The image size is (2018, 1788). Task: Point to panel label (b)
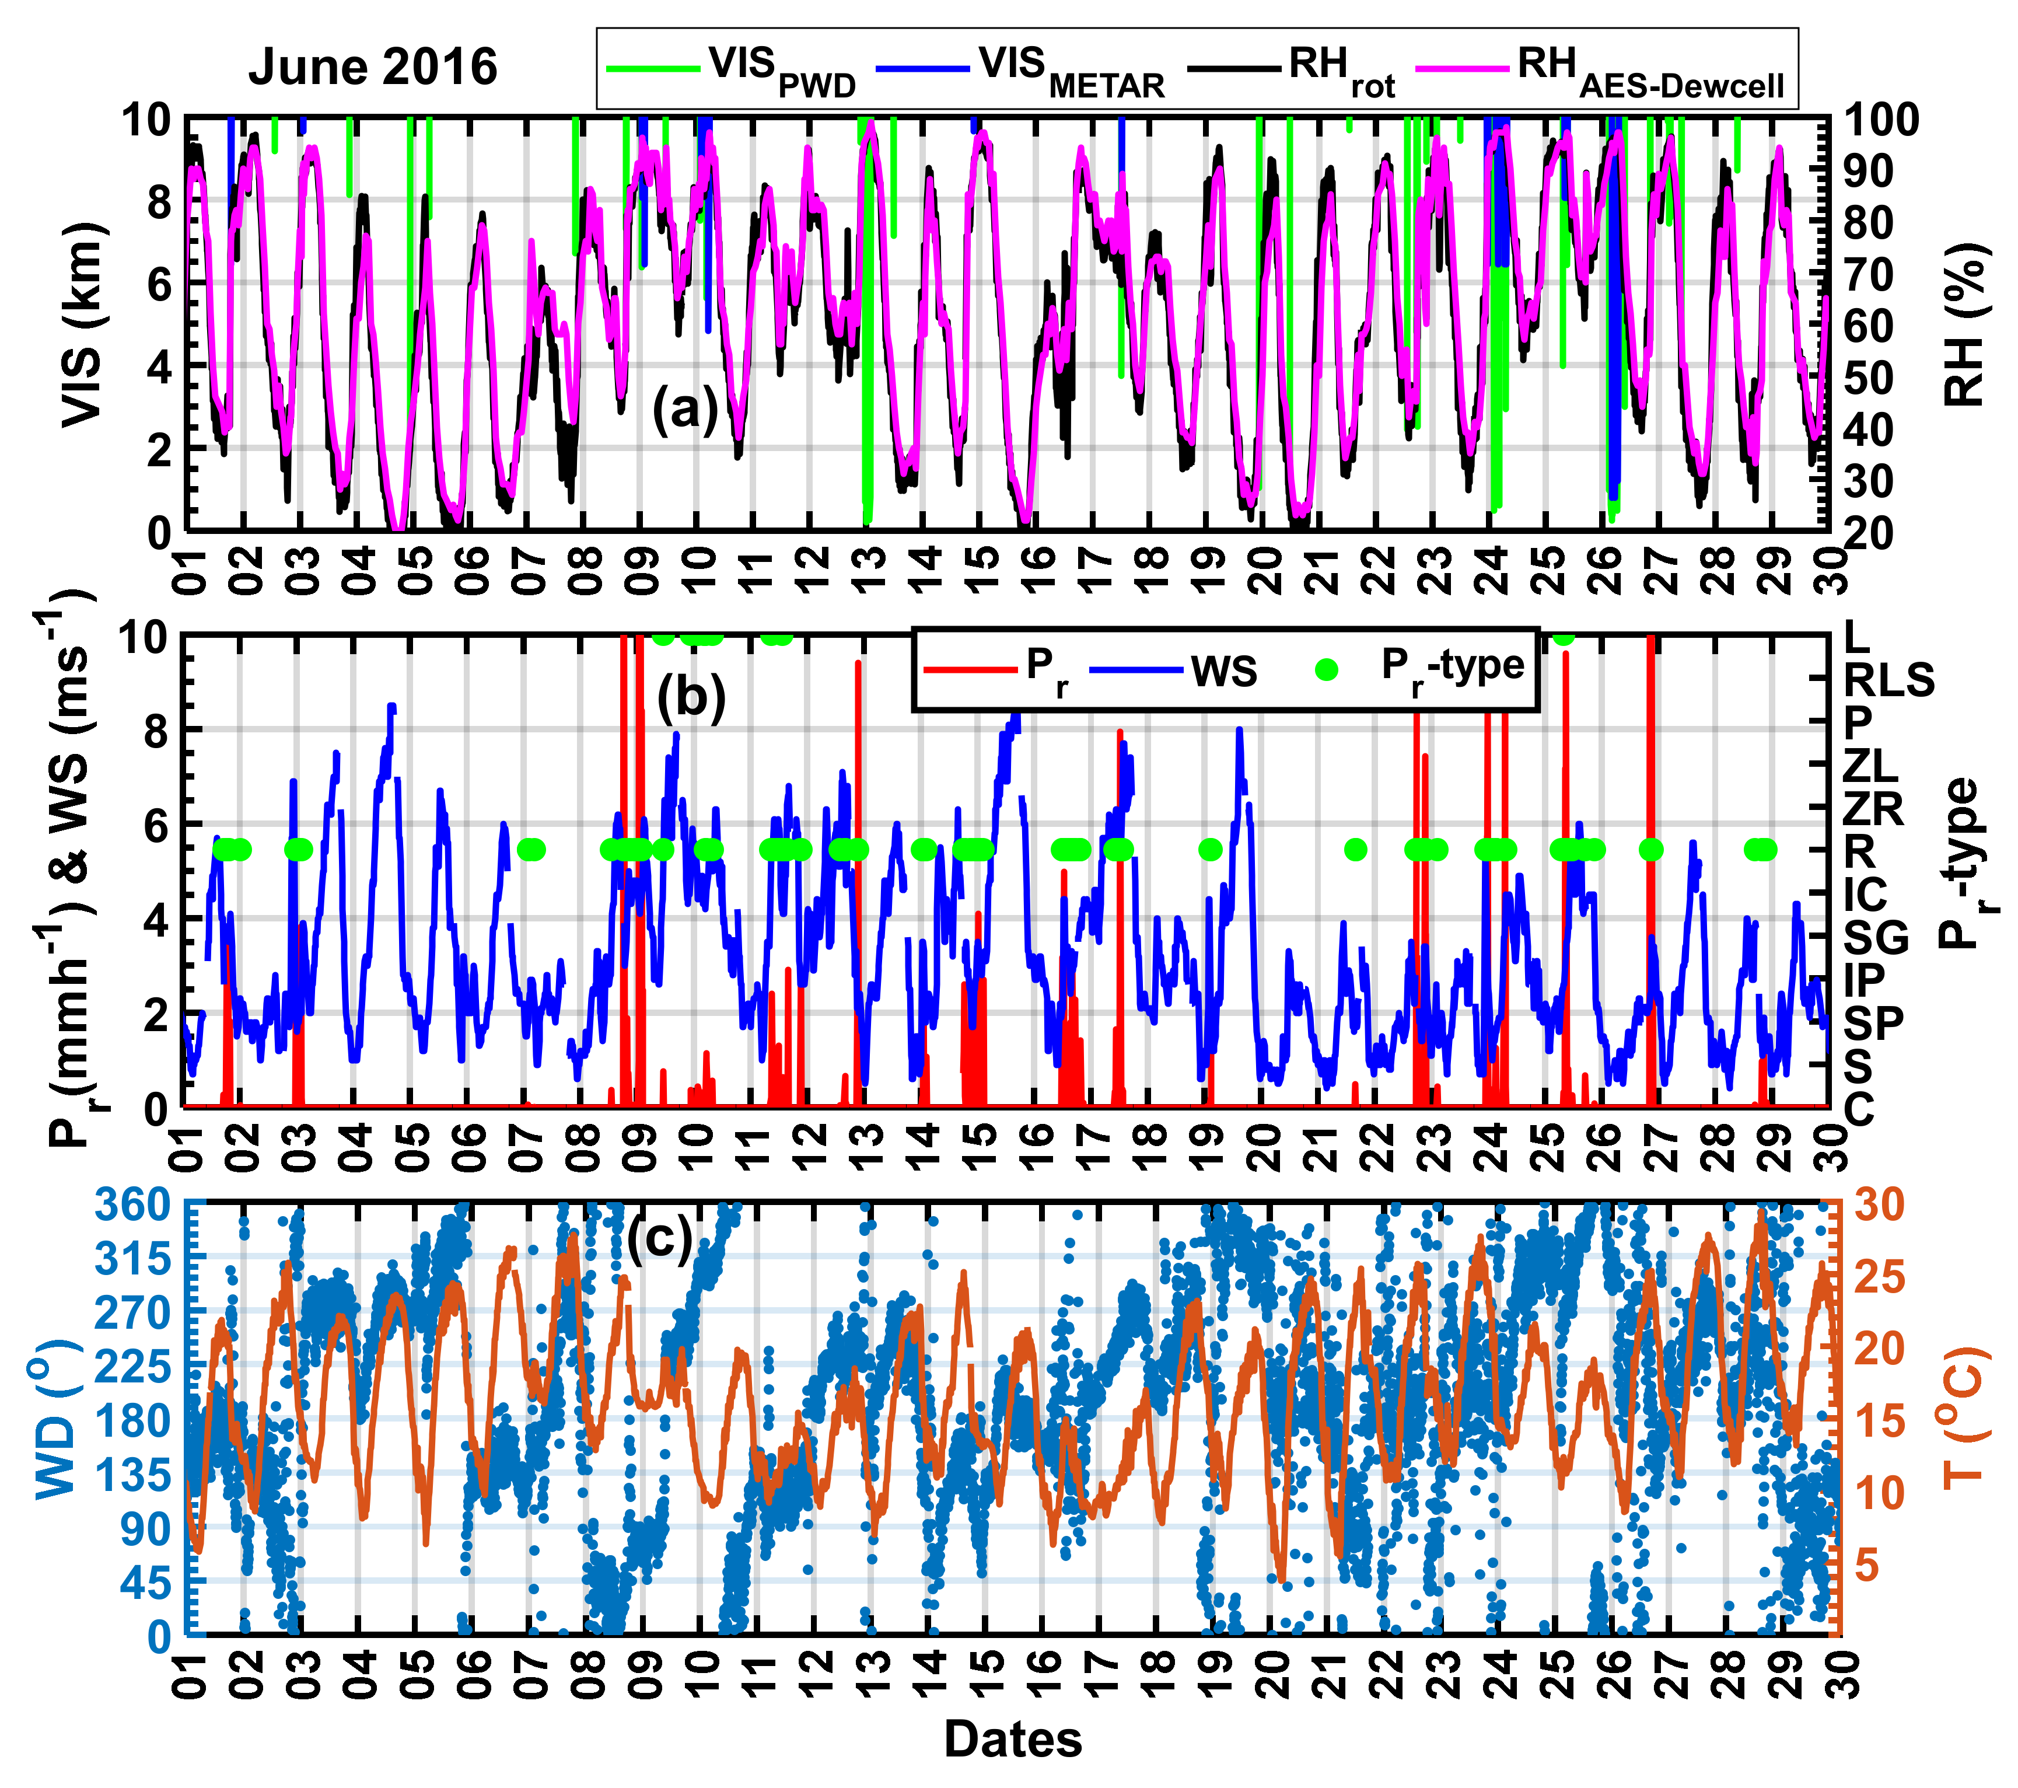[691, 696]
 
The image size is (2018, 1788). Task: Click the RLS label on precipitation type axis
[1888, 680]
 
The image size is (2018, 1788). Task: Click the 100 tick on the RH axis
[1881, 120]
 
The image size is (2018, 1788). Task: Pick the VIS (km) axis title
[81, 326]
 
